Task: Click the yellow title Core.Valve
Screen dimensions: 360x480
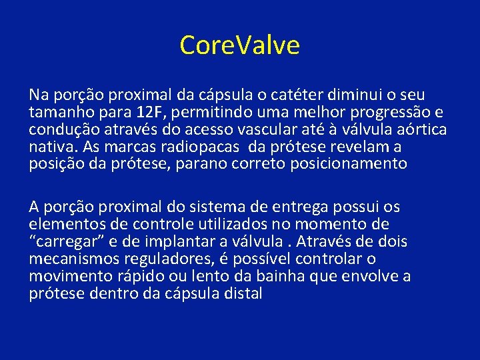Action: (239, 45)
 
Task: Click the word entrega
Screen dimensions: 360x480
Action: (301, 207)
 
